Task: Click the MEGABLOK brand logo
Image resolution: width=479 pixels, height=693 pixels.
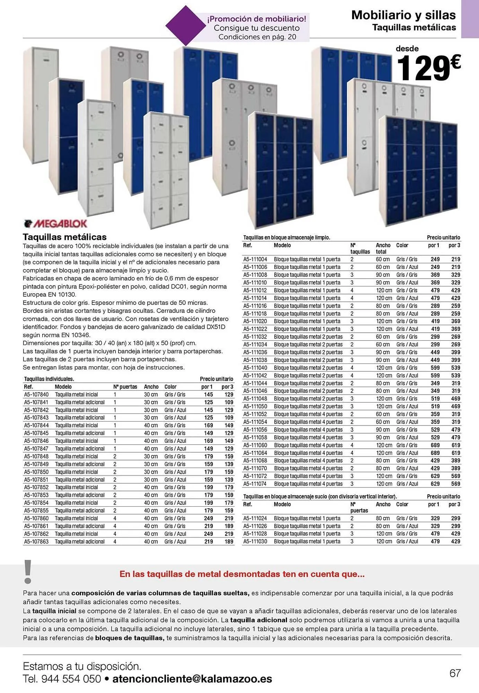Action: point(55,224)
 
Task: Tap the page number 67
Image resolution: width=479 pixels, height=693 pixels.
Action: point(455,673)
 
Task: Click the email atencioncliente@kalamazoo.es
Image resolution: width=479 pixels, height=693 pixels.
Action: point(192,678)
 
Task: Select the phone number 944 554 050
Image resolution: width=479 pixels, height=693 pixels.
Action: point(71,678)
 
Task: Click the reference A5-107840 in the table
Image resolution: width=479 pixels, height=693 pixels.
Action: point(36,394)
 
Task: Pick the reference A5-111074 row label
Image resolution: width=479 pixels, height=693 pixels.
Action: point(255,484)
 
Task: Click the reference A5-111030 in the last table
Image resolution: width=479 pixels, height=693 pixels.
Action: point(255,541)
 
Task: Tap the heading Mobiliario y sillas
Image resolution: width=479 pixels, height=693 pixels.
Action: point(403,15)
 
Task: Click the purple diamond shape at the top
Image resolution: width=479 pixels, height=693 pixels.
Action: point(186,25)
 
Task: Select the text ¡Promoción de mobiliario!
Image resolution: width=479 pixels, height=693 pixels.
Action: point(256,19)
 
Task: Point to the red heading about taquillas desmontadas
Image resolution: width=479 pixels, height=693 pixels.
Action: point(242,574)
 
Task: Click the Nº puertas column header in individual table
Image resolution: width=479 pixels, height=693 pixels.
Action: point(125,387)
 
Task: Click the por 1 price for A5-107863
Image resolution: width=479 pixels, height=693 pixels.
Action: point(208,541)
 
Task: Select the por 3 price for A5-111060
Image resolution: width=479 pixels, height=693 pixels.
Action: point(456,445)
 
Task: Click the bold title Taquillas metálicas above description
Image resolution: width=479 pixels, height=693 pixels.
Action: point(64,237)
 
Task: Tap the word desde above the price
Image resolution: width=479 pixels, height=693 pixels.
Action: point(407,49)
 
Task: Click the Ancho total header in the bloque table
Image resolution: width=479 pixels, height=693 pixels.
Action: point(383,248)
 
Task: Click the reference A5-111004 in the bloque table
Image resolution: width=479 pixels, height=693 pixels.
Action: point(255,259)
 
